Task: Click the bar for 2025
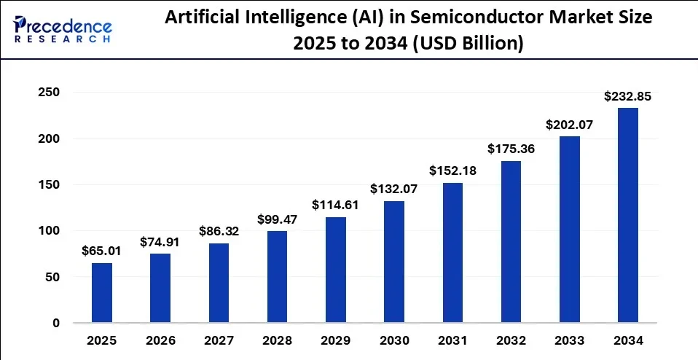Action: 102,293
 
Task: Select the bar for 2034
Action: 627,216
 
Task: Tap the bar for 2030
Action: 394,262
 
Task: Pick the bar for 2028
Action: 277,277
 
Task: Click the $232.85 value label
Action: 627,95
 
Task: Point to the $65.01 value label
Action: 102,250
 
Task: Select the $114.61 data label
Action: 335,205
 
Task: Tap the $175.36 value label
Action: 511,149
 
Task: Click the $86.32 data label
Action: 219,231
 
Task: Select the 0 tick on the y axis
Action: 55,323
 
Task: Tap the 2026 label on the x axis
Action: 160,340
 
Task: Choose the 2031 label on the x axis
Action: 452,340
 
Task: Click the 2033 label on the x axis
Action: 569,340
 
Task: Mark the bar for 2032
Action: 511,242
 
